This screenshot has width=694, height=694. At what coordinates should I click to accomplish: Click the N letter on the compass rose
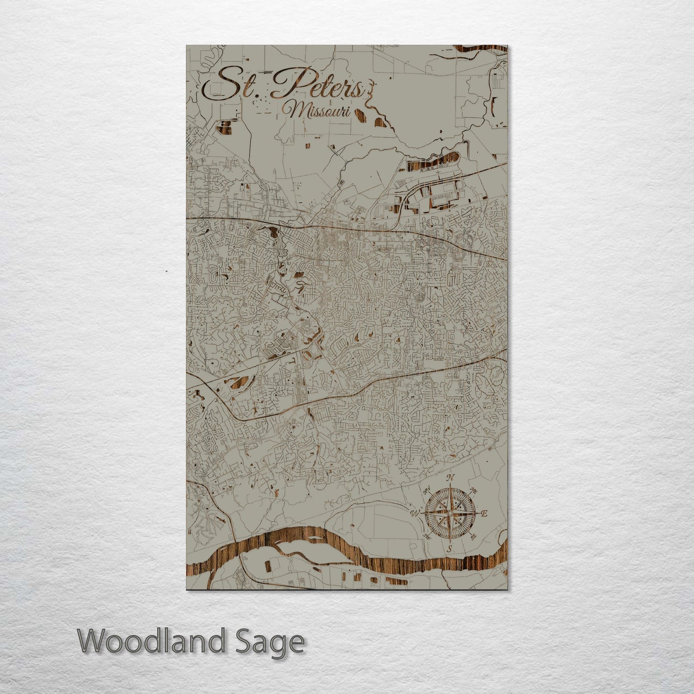[450, 477]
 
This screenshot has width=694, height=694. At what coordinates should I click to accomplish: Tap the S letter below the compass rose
[449, 548]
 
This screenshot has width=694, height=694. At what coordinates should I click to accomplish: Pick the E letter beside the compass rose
[484, 513]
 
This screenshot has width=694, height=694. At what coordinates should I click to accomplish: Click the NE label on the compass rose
[473, 490]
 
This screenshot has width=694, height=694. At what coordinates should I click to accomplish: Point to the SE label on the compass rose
[473, 536]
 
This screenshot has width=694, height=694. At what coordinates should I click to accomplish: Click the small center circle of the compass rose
[449, 513]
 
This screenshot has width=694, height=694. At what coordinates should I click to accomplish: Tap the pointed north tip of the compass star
[450, 487]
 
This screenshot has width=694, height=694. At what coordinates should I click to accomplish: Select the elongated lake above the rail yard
[432, 162]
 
